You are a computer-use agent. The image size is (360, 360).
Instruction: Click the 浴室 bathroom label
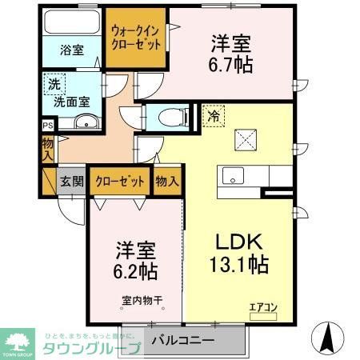tap(72, 49)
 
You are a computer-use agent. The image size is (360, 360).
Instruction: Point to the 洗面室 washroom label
tap(70, 102)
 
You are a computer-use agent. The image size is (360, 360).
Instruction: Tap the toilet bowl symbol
tap(169, 117)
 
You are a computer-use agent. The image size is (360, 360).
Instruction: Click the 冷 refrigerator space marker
tap(214, 115)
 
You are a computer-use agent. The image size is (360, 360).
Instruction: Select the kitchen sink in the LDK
tap(234, 176)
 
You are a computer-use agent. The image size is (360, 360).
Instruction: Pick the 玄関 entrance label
tap(72, 181)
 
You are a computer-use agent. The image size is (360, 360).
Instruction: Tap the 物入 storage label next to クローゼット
tap(166, 181)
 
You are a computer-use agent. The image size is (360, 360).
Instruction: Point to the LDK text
tap(237, 242)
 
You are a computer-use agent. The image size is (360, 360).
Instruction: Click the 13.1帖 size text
tap(238, 264)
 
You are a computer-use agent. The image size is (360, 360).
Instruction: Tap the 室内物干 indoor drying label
tap(142, 301)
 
